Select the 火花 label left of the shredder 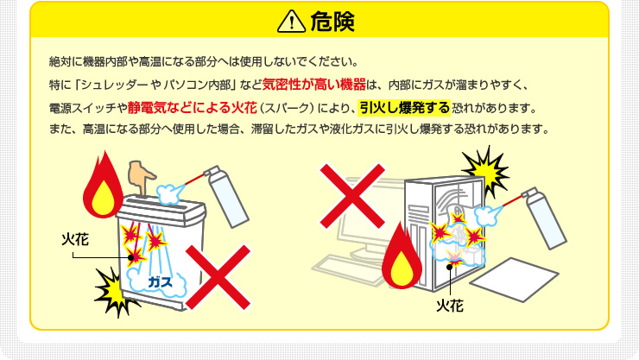76,238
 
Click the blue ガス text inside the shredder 160,282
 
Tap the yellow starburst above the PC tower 484,169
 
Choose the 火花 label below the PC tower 451,305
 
